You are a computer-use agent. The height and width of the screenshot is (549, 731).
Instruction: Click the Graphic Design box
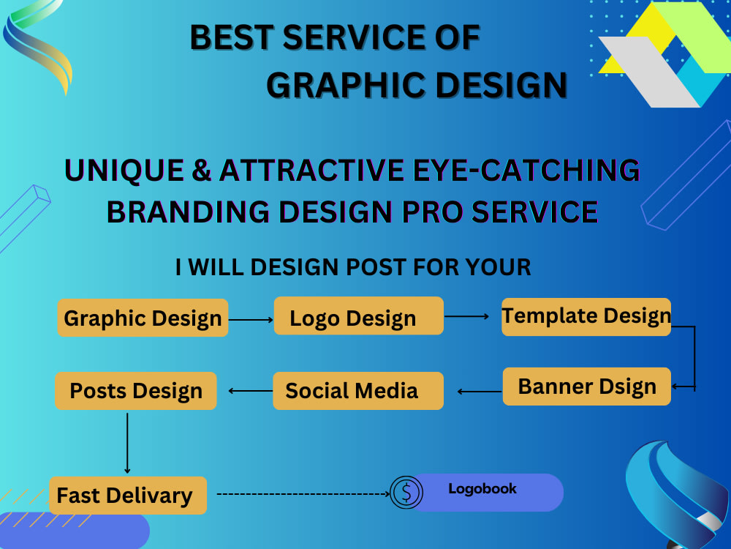click(x=143, y=318)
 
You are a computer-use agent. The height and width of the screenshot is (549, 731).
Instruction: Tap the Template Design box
click(x=586, y=317)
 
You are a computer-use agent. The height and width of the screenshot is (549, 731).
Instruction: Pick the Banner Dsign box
click(x=586, y=386)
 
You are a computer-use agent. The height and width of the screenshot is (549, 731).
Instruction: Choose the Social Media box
click(x=358, y=391)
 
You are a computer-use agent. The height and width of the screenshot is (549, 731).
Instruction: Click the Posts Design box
click(x=136, y=391)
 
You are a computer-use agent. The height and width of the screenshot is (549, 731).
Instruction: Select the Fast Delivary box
click(x=128, y=496)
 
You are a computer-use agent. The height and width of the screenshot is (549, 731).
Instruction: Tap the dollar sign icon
click(x=406, y=493)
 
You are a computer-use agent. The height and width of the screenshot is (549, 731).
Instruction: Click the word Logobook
click(x=482, y=489)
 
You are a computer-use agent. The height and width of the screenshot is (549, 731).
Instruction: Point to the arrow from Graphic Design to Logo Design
click(x=251, y=319)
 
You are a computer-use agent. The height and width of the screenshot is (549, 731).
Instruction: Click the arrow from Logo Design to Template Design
click(x=466, y=316)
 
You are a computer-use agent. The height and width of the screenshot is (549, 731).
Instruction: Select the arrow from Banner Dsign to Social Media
click(x=480, y=392)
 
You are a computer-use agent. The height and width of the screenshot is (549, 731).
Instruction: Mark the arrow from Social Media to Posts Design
click(x=251, y=391)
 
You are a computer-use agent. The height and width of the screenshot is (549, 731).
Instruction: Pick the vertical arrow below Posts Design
click(x=127, y=443)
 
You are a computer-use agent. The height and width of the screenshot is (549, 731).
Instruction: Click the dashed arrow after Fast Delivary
click(x=303, y=493)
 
